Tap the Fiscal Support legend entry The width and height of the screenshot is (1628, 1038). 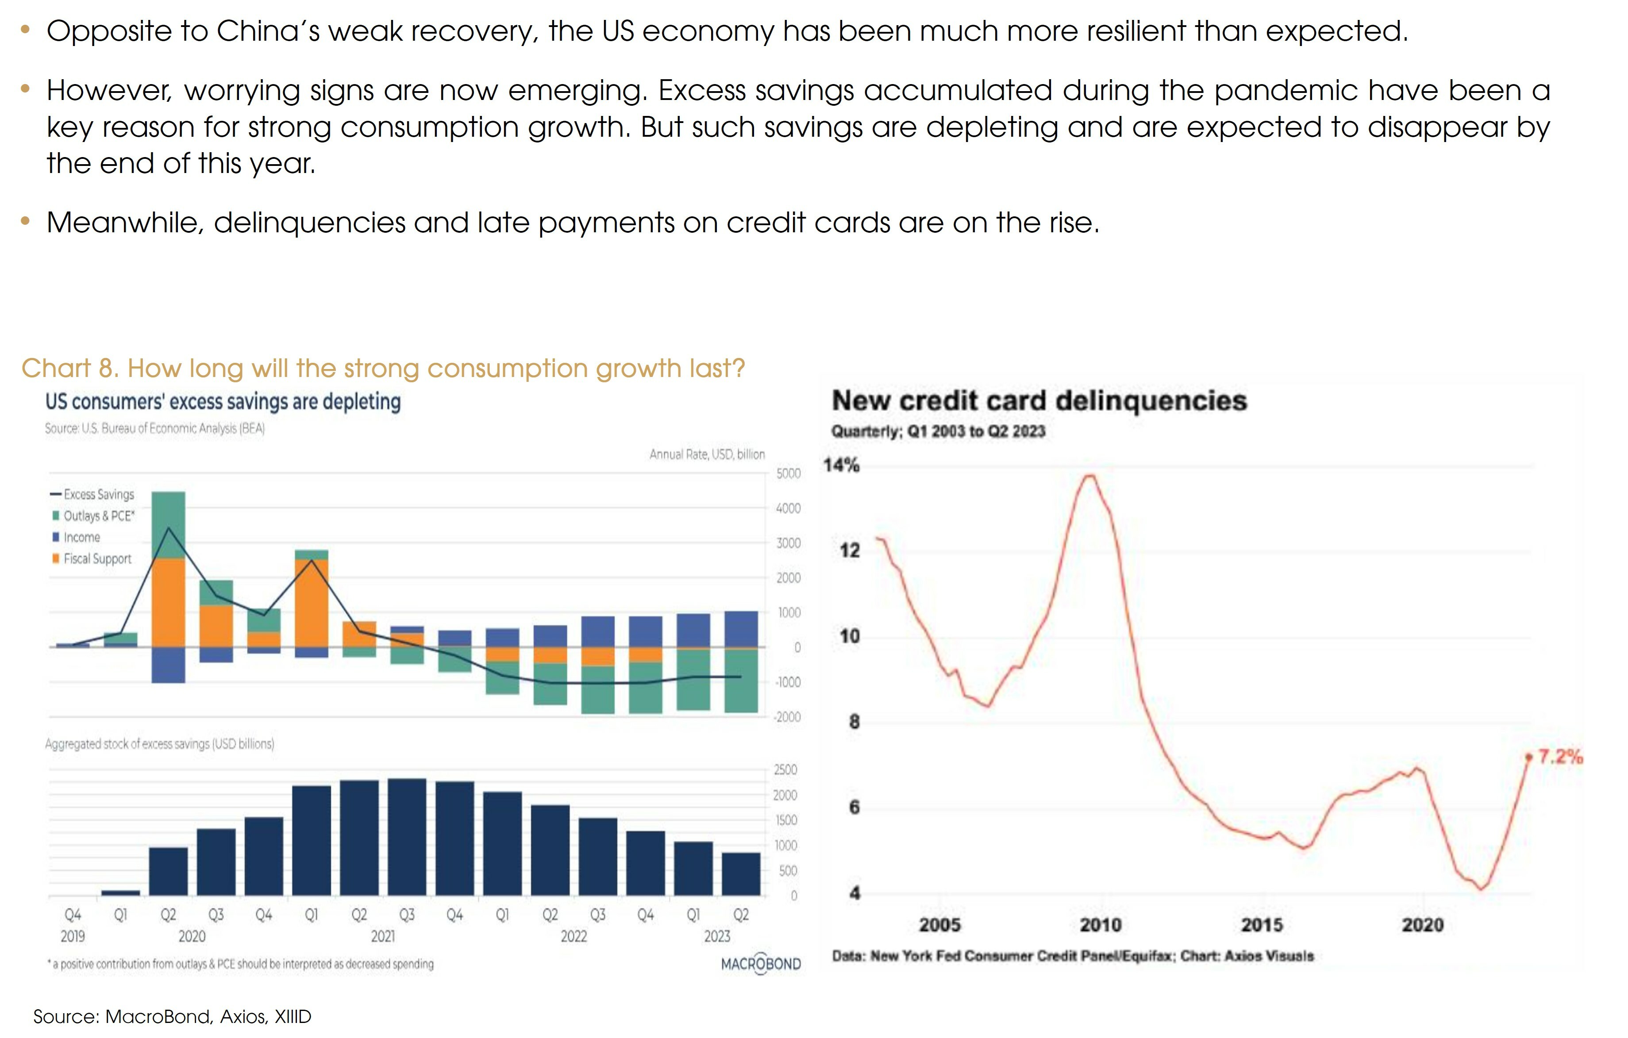pos(96,559)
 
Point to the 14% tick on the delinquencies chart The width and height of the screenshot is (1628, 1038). pos(841,465)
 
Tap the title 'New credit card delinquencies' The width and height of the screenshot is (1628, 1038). pos(1039,401)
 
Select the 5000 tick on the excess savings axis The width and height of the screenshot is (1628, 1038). pos(788,474)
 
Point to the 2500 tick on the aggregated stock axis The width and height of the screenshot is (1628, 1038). pos(785,770)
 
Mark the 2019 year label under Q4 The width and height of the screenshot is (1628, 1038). pos(73,937)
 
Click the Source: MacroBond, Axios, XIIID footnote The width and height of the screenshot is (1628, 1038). pos(173,1016)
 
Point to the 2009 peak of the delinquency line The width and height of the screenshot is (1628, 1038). pos(1090,476)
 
